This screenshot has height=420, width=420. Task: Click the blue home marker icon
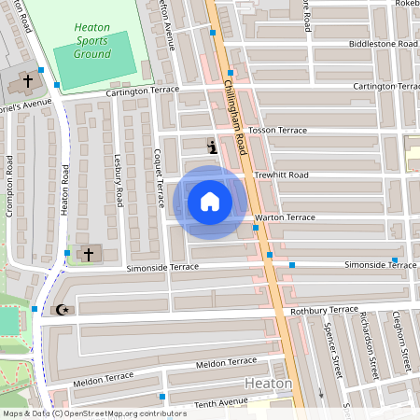tap(210, 202)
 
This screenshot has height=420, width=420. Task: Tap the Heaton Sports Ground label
tap(93, 41)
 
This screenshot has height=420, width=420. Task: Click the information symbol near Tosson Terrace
tap(213, 147)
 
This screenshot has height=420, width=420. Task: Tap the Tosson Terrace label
tap(277, 130)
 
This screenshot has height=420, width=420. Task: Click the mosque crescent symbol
tap(63, 310)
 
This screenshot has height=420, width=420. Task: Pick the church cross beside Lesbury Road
tap(90, 254)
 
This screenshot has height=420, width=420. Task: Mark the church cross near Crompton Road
tap(27, 82)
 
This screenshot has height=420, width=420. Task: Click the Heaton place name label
tap(268, 384)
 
